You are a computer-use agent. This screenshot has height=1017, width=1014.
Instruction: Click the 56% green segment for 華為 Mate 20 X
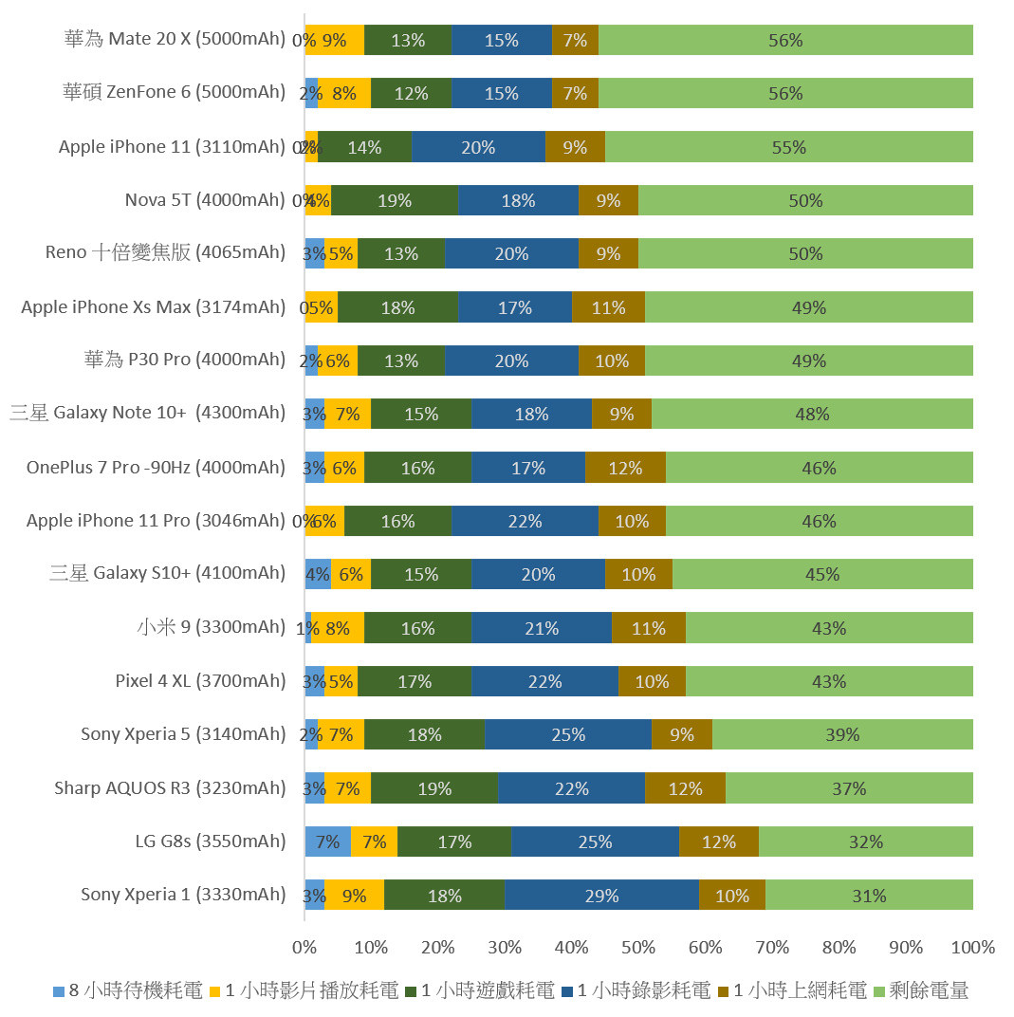coord(785,40)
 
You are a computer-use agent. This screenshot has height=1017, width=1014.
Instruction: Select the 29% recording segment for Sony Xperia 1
coord(601,896)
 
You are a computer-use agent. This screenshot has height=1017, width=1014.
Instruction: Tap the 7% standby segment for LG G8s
coord(327,841)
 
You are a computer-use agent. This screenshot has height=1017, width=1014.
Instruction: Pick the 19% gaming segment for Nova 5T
coord(395,200)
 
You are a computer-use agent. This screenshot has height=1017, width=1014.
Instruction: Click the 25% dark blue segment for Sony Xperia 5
coord(568,734)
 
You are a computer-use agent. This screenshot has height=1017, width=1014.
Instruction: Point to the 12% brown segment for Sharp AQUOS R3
coord(685,788)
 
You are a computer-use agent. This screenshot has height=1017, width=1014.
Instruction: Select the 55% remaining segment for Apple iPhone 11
coord(788,147)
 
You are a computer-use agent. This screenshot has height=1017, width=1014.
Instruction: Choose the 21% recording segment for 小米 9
coord(542,628)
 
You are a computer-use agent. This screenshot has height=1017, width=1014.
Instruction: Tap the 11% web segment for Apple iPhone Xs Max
coord(608,307)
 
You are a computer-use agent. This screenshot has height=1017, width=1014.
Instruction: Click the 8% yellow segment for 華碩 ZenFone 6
coord(344,93)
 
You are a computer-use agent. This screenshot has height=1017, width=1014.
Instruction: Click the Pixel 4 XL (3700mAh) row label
coord(200,680)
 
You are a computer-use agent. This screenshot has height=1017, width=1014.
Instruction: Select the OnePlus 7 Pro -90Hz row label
coord(156,467)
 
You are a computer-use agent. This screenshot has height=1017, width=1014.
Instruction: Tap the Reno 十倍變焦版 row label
coord(165,252)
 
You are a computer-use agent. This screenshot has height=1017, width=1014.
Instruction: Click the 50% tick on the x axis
coord(638,947)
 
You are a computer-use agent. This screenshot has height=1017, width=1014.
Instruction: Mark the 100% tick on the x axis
coord(972,947)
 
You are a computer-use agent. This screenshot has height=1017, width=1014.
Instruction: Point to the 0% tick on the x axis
coord(304,947)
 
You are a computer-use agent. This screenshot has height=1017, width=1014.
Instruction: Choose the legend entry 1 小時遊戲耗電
coord(480,991)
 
